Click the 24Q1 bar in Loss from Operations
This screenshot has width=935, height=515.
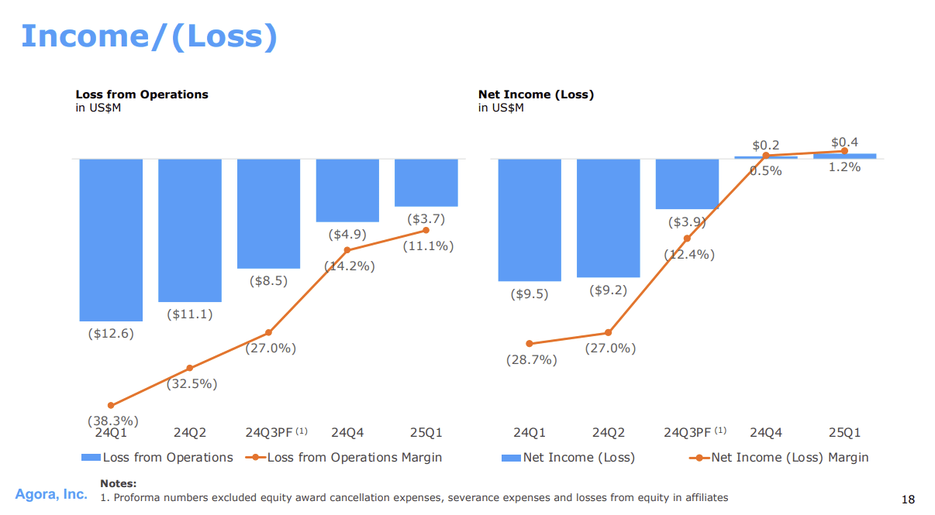click(x=111, y=239)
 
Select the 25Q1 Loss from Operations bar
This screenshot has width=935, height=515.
click(x=426, y=183)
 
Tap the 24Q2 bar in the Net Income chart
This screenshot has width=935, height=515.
click(x=608, y=218)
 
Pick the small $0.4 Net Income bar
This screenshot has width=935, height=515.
click(x=844, y=156)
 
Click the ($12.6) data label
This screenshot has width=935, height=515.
click(x=111, y=334)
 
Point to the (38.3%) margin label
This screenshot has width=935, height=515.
click(x=112, y=421)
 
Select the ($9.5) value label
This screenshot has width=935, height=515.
click(x=529, y=294)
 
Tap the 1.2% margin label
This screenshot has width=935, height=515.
click(x=844, y=167)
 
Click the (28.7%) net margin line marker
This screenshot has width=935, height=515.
click(x=530, y=344)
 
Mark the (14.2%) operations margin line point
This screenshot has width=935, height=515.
click(x=347, y=250)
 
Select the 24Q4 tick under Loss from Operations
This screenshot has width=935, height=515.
click(x=347, y=433)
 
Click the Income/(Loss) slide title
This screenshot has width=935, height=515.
click(x=149, y=36)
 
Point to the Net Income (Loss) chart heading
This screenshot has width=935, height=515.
click(x=536, y=94)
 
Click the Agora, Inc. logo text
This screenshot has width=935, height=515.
click(x=51, y=494)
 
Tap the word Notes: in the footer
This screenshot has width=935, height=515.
click(x=118, y=484)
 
